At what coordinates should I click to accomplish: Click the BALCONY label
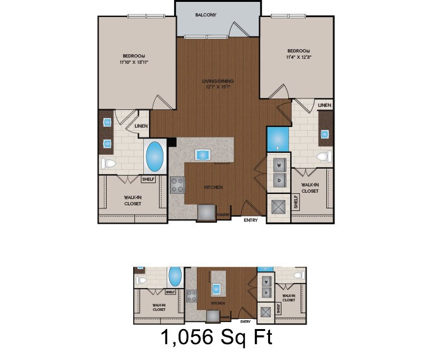[206, 15]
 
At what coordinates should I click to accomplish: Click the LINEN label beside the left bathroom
[142, 126]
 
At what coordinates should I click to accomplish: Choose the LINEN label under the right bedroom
[324, 105]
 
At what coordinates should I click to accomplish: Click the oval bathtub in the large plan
[155, 157]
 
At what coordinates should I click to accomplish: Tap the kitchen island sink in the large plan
[203, 155]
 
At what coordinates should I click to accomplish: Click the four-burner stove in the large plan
[177, 185]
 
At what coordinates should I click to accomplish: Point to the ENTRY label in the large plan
[251, 220]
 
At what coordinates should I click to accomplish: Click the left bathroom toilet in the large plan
[109, 164]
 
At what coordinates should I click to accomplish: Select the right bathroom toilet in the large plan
[324, 156]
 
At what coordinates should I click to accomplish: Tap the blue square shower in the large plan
[278, 139]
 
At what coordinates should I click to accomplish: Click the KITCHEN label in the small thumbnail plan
[218, 303]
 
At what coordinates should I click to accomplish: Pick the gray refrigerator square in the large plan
[206, 213]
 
